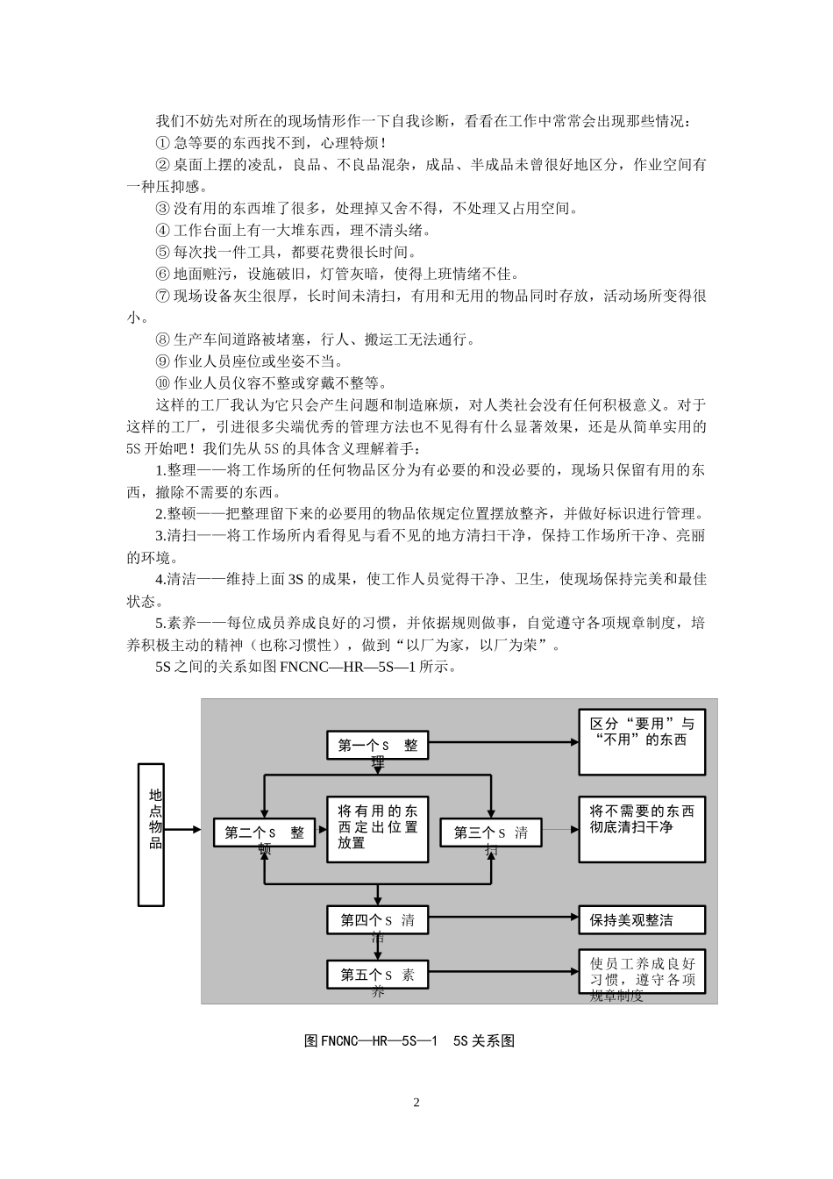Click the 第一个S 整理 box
377,746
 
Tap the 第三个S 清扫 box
490,832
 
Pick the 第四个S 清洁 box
377,920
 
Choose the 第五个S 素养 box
377,975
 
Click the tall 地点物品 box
152,833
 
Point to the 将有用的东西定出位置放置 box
377,829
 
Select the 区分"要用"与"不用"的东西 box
642,742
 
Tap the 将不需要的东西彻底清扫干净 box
642,829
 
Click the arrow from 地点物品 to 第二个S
189,829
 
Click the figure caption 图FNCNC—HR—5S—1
409,1040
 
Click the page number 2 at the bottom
416,1103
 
